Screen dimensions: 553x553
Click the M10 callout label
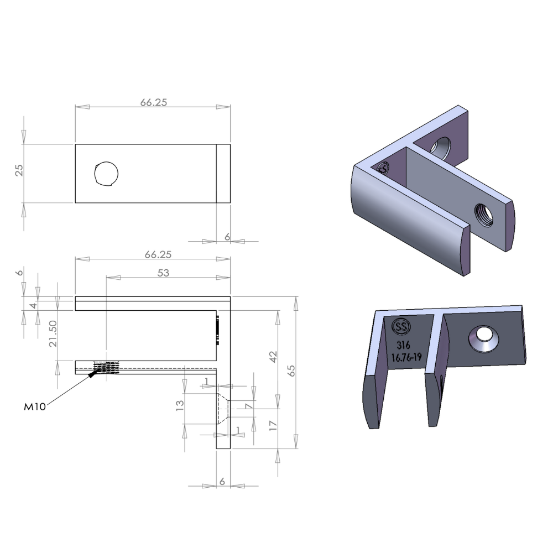(34, 406)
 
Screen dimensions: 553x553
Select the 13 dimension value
(180, 406)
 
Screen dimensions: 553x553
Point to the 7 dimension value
(248, 408)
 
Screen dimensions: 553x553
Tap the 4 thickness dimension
(33, 305)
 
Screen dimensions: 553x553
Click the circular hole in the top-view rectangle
(106, 174)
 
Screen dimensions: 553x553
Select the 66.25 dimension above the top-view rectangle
(153, 102)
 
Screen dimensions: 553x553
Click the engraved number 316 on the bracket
(403, 345)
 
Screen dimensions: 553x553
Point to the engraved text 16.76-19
(406, 357)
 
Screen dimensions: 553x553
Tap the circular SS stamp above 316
(401, 327)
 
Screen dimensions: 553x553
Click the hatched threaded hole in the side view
(107, 368)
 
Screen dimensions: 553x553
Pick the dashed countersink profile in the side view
(223, 409)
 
